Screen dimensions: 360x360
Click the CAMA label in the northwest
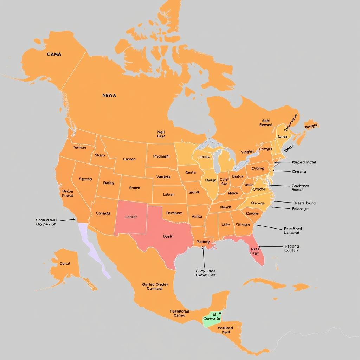pyautogui.click(x=54, y=54)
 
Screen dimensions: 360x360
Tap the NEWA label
pyautogui.click(x=109, y=95)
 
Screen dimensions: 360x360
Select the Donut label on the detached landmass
pyautogui.click(x=65, y=263)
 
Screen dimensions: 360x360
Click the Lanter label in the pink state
pyautogui.click(x=131, y=217)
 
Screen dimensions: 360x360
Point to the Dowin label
pyautogui.click(x=168, y=236)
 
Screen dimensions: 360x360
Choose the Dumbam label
pyautogui.click(x=174, y=213)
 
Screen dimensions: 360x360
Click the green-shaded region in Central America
pyautogui.click(x=212, y=319)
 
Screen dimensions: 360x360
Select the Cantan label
pyautogui.click(x=129, y=159)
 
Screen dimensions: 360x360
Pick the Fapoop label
pyautogui.click(x=85, y=179)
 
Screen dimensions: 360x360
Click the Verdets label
pyautogui.click(x=163, y=177)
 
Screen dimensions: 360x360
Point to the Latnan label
pyautogui.click(x=169, y=194)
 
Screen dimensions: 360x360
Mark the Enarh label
pyautogui.click(x=134, y=188)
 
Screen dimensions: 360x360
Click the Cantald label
pyautogui.click(x=103, y=213)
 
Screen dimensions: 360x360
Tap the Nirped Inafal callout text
pyautogui.click(x=304, y=162)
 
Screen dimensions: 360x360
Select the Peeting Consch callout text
pyautogui.click(x=291, y=248)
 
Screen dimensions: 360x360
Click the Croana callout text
pyautogui.click(x=299, y=172)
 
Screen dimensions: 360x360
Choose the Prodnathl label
pyautogui.click(x=161, y=156)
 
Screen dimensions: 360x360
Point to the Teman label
pyautogui.click(x=79, y=148)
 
